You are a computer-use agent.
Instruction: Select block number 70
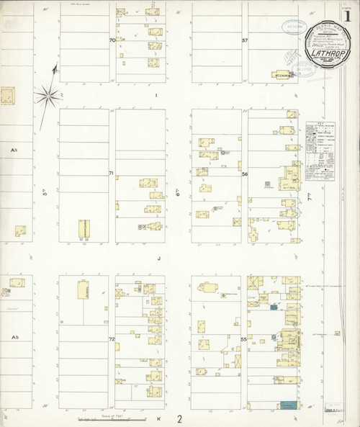click(x=112, y=40)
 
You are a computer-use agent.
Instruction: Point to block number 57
click(x=245, y=40)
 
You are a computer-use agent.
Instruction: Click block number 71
click(x=112, y=174)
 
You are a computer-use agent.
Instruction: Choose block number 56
click(x=245, y=174)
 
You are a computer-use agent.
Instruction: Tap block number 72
click(x=112, y=338)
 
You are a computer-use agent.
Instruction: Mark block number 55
click(x=244, y=338)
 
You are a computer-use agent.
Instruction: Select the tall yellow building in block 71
click(x=84, y=230)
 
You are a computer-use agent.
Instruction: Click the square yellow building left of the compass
click(x=8, y=96)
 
